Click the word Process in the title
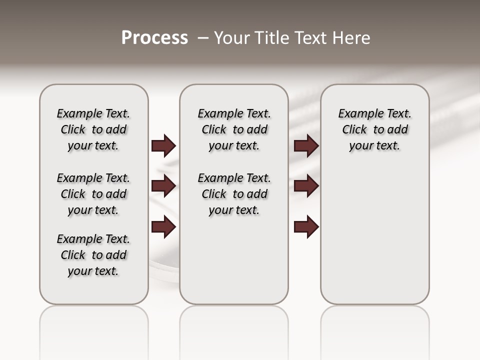154,37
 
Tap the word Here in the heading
352,38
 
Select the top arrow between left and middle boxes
163,146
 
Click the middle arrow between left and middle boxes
163,186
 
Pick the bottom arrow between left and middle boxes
163,227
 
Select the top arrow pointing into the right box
306,146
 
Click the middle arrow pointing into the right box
306,186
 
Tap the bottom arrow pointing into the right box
306,227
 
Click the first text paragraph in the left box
93,129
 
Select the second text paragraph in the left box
93,194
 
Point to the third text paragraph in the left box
93,255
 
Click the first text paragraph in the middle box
234,129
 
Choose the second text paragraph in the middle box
234,194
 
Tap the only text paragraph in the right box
374,129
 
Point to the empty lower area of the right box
374,235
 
